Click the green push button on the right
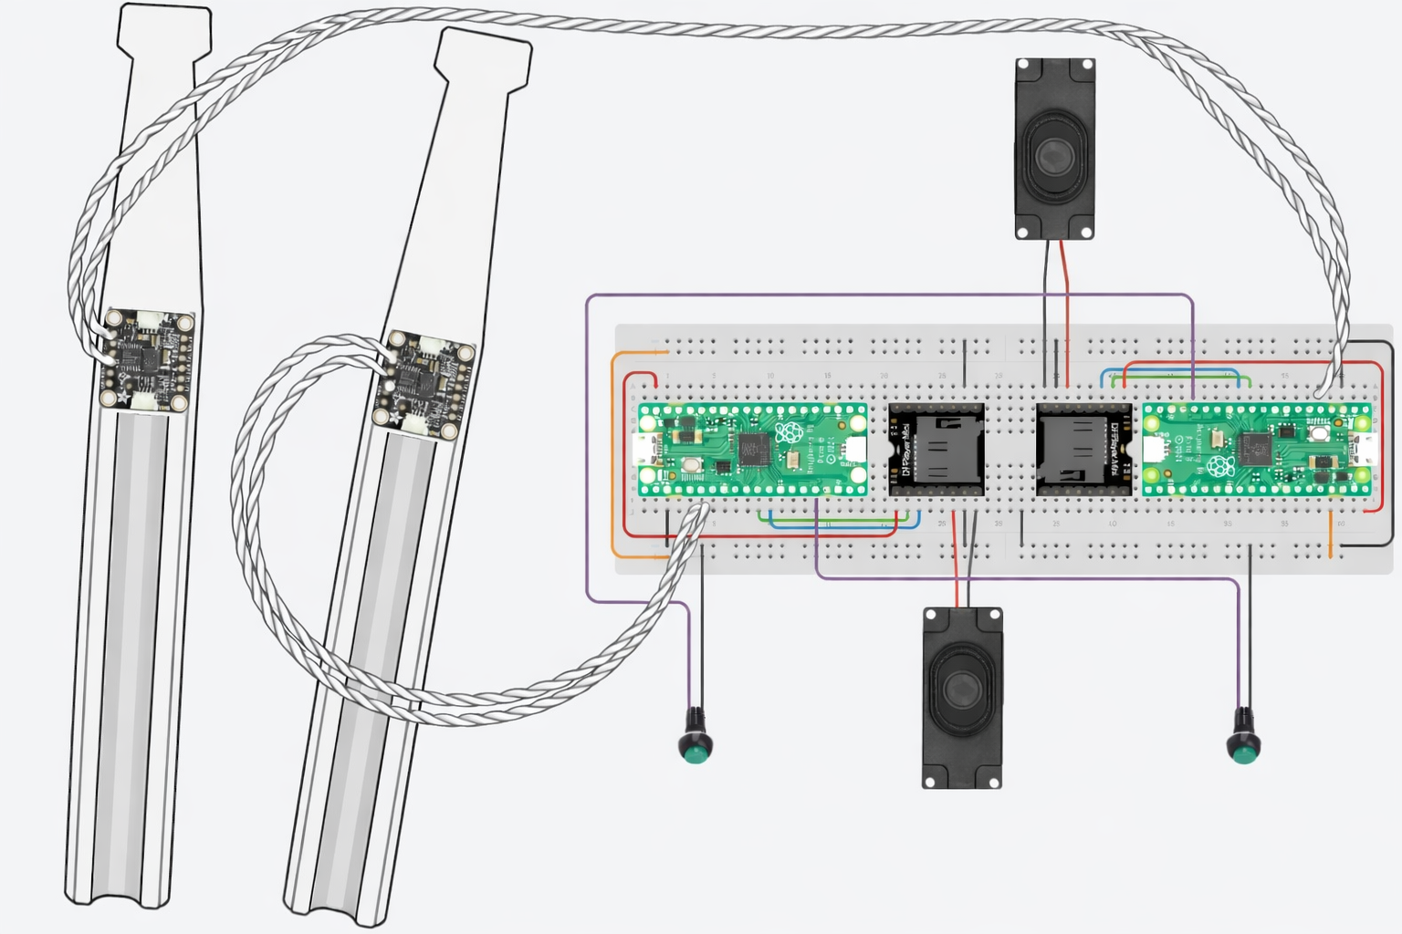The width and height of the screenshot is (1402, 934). pyautogui.click(x=1242, y=748)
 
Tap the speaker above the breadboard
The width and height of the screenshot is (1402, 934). pyautogui.click(x=1055, y=150)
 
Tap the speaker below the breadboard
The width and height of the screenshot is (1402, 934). pyautogui.click(x=962, y=698)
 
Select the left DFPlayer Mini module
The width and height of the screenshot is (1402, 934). pyautogui.click(x=936, y=451)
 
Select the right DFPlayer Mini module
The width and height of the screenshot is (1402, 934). pyautogui.click(x=1083, y=451)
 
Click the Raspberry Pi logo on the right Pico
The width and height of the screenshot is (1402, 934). pyautogui.click(x=1219, y=468)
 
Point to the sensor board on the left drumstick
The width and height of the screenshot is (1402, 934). pyautogui.click(x=147, y=360)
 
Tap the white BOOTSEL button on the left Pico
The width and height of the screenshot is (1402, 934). pyautogui.click(x=691, y=465)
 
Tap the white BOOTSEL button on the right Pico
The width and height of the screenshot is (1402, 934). pyautogui.click(x=1318, y=434)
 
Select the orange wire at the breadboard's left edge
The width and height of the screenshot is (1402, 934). pyautogui.click(x=612, y=456)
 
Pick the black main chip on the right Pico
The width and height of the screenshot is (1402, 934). pyautogui.click(x=1257, y=449)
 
